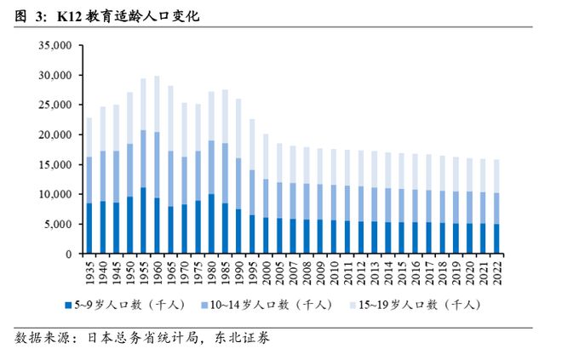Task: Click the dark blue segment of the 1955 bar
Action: point(143,220)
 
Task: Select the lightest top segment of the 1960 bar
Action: point(157,103)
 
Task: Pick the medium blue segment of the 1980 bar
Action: point(210,167)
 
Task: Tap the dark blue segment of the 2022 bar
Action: point(496,239)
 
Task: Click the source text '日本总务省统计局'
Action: point(140,339)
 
